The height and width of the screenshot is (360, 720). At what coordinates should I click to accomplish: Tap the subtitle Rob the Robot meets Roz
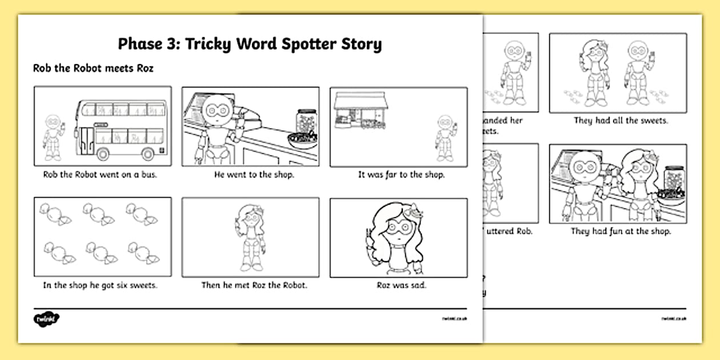pyautogui.click(x=93, y=69)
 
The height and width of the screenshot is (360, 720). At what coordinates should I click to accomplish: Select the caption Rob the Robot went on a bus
pyautogui.click(x=100, y=175)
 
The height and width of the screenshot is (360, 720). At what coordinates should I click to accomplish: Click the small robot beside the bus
pyautogui.click(x=53, y=137)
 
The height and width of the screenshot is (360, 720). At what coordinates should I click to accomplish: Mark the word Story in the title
pyautogui.click(x=360, y=45)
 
